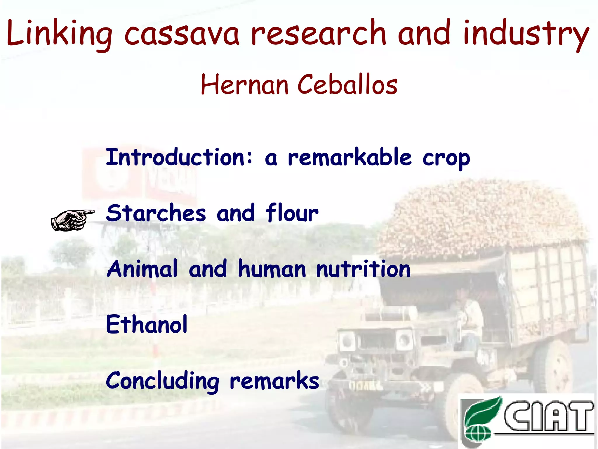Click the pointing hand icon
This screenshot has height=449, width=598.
(72, 220)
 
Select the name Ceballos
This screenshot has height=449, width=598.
(347, 84)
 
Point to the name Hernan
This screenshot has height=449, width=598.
(245, 84)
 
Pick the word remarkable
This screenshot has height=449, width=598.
(350, 158)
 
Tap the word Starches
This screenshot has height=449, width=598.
(156, 213)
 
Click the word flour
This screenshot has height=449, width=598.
(292, 213)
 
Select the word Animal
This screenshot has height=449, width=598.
(142, 269)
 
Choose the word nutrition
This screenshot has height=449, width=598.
(363, 269)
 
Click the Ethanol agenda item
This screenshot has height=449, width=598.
(147, 324)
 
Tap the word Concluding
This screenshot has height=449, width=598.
(162, 381)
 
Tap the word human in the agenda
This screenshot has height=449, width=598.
(272, 269)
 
